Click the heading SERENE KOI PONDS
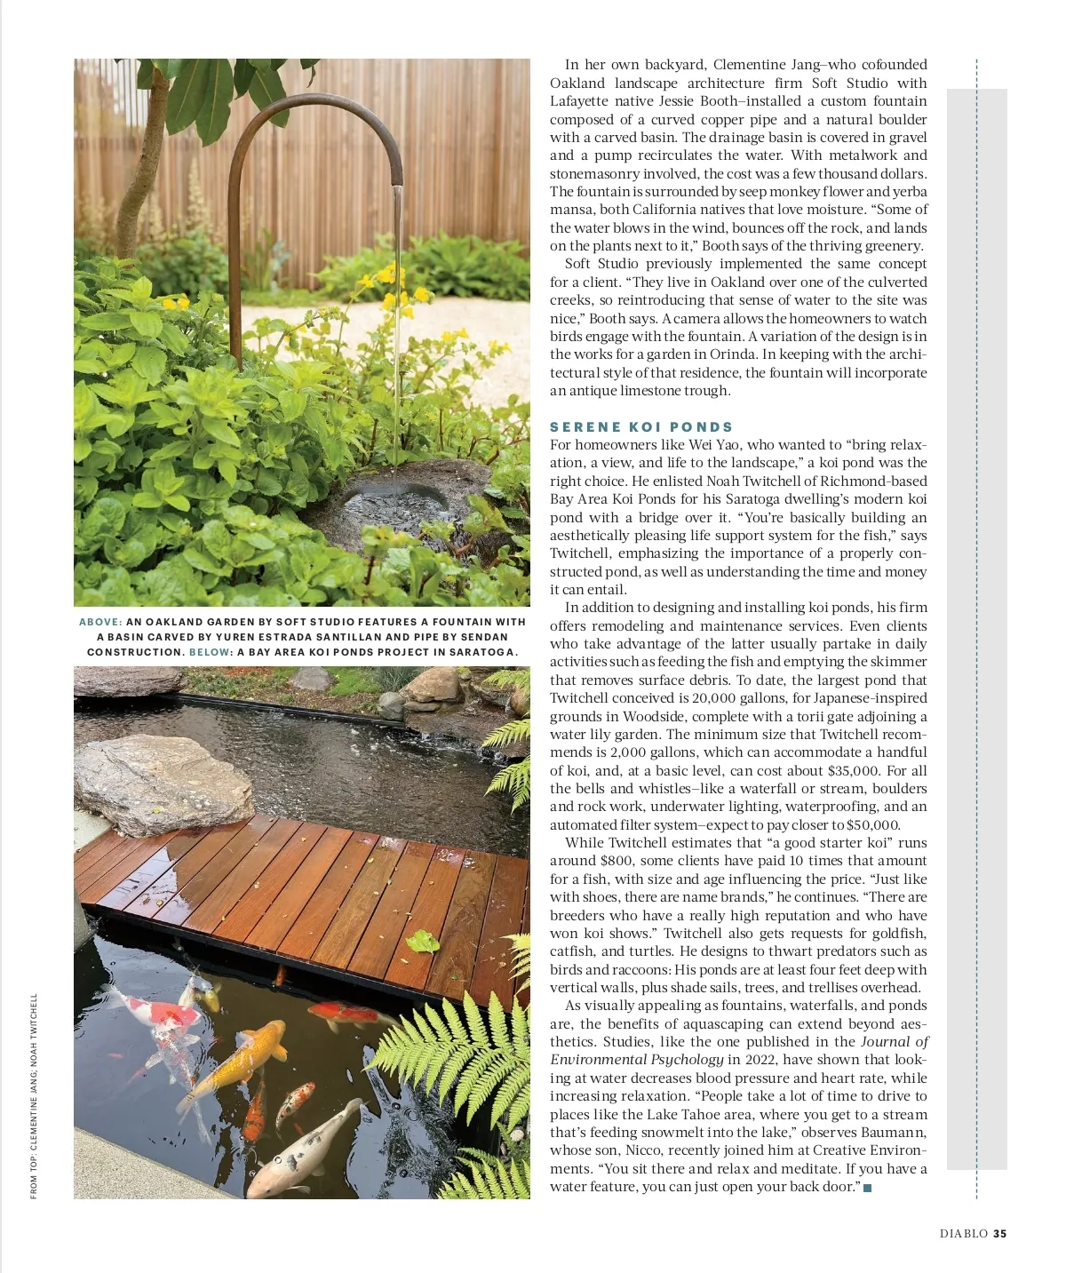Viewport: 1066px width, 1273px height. coord(641,427)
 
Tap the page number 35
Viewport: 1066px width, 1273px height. coord(1000,1233)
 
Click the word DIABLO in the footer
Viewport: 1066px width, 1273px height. coord(964,1233)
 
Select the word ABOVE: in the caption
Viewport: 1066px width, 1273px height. coord(100,622)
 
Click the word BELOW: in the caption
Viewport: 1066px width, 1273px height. coord(211,652)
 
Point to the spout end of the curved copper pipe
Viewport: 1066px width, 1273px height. coord(397,187)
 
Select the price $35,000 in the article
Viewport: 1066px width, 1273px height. coord(853,771)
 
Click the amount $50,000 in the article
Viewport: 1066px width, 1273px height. coord(872,825)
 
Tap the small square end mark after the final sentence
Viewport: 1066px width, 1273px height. coord(867,1189)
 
